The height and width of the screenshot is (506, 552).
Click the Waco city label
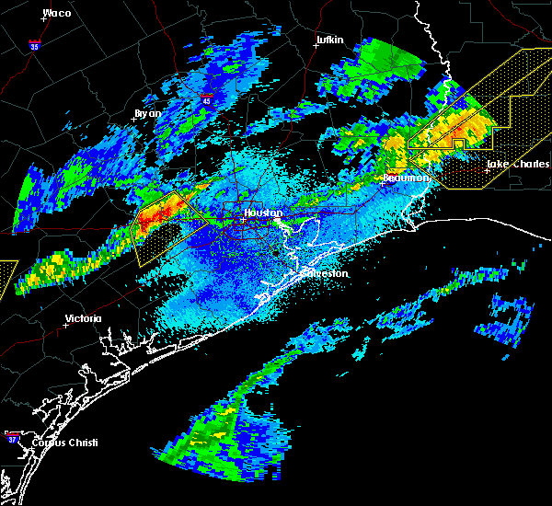click(57, 13)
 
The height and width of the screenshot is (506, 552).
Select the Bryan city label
click(147, 113)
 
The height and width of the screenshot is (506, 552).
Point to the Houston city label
click(262, 213)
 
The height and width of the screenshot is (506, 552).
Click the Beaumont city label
click(405, 178)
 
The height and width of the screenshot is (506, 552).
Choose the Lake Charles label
click(518, 165)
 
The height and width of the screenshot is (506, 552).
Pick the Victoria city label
click(84, 319)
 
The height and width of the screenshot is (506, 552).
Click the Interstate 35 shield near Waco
click(33, 43)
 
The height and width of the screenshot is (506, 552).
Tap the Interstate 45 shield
click(206, 94)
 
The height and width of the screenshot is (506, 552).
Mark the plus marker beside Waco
click(43, 17)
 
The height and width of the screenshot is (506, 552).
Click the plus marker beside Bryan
click(134, 119)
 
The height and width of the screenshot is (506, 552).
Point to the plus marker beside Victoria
click(66, 325)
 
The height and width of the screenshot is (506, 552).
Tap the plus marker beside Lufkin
click(316, 45)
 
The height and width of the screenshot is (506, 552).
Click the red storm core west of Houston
click(156, 216)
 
